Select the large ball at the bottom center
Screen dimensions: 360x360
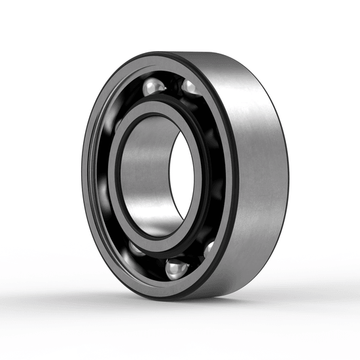pos(177,268)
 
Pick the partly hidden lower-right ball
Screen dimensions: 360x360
pos(209,248)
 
